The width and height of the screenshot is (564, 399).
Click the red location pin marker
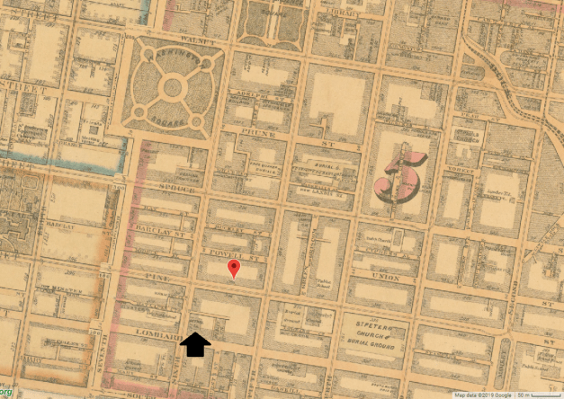(234, 268)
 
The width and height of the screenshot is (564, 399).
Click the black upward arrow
(195, 344)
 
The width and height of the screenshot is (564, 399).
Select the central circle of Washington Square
(171, 88)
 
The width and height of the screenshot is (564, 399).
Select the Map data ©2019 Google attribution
(482, 395)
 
